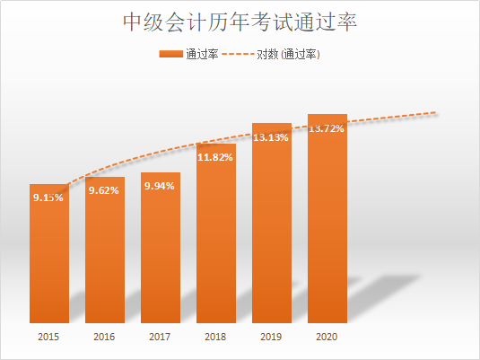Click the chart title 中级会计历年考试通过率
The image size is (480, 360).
pyautogui.click(x=240, y=22)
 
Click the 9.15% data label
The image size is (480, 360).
pyautogui.click(x=48, y=197)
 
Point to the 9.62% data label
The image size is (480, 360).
pyautogui.click(x=105, y=190)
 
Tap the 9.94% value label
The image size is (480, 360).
pyautogui.click(x=161, y=186)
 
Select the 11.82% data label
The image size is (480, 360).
pyautogui.click(x=216, y=157)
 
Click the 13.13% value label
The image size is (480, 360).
pyautogui.click(x=272, y=137)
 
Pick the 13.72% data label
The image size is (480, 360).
pyautogui.click(x=327, y=128)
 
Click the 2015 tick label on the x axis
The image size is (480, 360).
pyautogui.click(x=48, y=338)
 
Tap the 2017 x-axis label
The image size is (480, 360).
pyautogui.click(x=161, y=338)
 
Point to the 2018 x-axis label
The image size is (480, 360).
pyautogui.click(x=216, y=338)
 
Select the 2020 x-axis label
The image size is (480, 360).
pyautogui.click(x=327, y=338)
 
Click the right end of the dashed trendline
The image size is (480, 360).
pyautogui.click(x=435, y=113)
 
